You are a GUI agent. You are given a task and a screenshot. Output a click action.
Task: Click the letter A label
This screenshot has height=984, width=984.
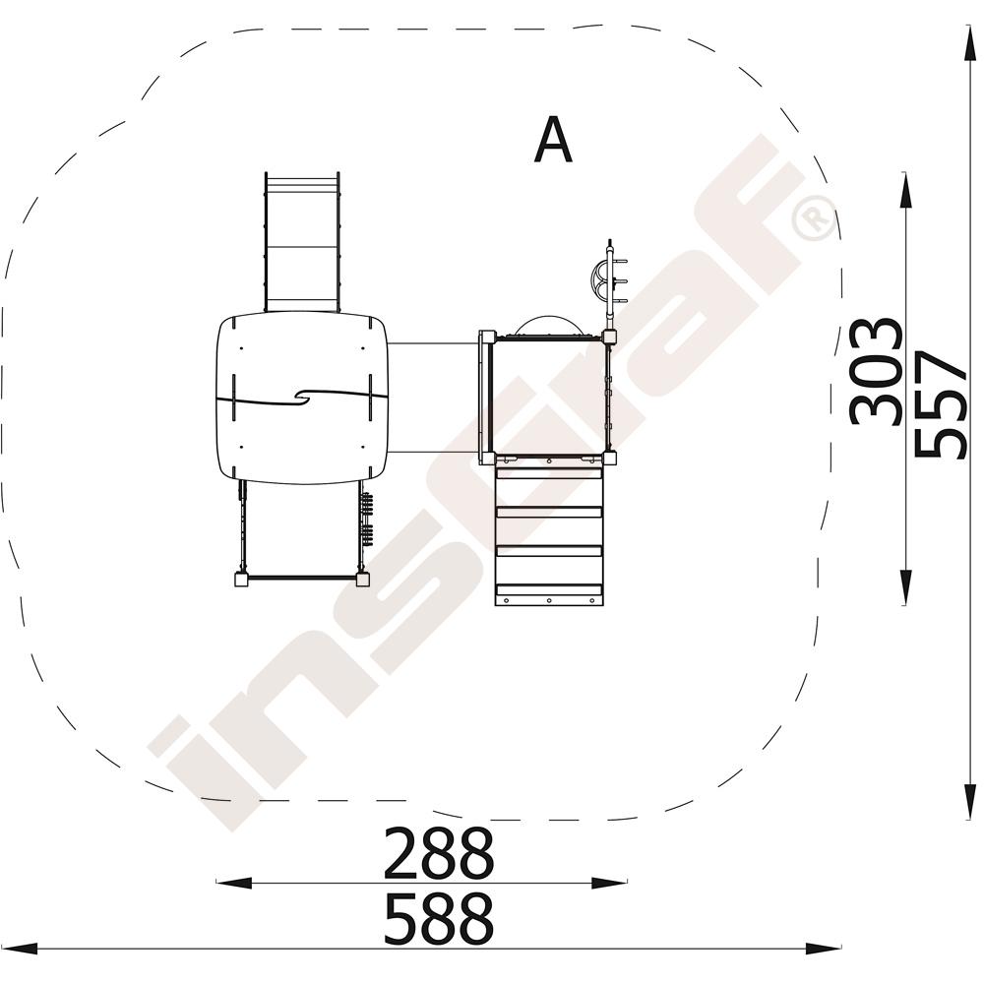(553, 141)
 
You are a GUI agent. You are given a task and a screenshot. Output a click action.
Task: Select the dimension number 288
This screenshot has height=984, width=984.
(439, 853)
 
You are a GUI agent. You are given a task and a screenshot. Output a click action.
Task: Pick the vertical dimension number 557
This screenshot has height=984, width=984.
(940, 404)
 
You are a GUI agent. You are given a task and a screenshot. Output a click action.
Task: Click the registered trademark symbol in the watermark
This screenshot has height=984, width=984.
(814, 220)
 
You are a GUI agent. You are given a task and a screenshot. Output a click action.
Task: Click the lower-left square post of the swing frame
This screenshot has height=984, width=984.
(241, 579)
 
